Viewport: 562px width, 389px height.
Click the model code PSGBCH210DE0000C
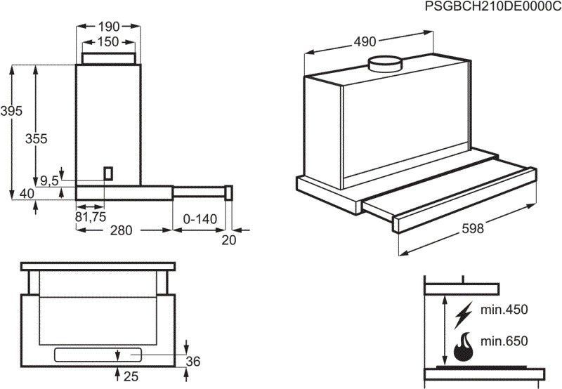tap(493, 6)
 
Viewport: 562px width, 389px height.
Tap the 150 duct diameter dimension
tap(108, 41)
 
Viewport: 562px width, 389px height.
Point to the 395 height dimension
tap(12, 110)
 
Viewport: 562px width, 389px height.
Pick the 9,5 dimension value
tap(49, 181)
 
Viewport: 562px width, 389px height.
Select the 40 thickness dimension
tap(27, 194)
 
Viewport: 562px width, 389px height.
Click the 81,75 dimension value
tap(90, 218)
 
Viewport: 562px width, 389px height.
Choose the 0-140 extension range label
tap(200, 219)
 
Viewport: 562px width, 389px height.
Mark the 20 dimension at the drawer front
tap(229, 240)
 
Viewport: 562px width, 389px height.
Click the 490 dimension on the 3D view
tap(364, 41)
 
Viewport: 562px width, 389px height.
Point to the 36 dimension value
tap(193, 362)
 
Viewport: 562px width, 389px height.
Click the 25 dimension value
tap(132, 377)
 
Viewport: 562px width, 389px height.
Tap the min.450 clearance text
tap(503, 310)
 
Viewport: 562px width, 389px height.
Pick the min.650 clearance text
tap(503, 341)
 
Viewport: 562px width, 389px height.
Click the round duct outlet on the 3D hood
tap(385, 64)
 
